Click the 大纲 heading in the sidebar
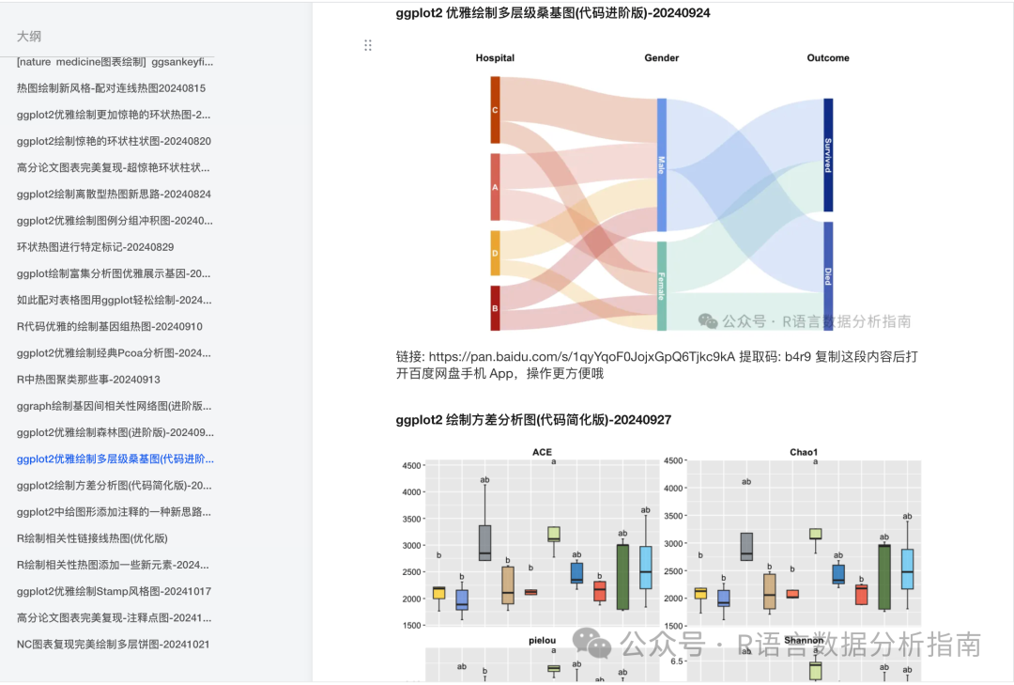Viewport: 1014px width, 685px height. click(29, 36)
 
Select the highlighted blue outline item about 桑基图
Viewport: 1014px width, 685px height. click(115, 459)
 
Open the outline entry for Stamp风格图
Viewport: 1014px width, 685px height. click(114, 592)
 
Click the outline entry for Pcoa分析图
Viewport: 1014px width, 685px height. click(114, 353)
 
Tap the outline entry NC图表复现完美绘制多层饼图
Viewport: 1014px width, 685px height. click(114, 645)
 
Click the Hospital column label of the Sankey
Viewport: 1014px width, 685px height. click(495, 58)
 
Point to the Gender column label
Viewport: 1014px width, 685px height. click(661, 58)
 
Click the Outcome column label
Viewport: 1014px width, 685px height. click(828, 58)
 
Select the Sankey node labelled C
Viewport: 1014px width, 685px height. click(495, 110)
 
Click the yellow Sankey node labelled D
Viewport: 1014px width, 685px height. click(495, 254)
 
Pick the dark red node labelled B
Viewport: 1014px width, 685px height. click(495, 308)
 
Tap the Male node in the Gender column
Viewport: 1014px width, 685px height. click(661, 164)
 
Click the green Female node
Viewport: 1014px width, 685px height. click(661, 286)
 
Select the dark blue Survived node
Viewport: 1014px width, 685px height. click(828, 155)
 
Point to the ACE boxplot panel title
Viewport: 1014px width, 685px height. click(542, 452)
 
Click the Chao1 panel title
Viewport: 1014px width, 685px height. click(804, 452)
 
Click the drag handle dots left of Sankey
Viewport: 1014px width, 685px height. click(368, 45)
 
